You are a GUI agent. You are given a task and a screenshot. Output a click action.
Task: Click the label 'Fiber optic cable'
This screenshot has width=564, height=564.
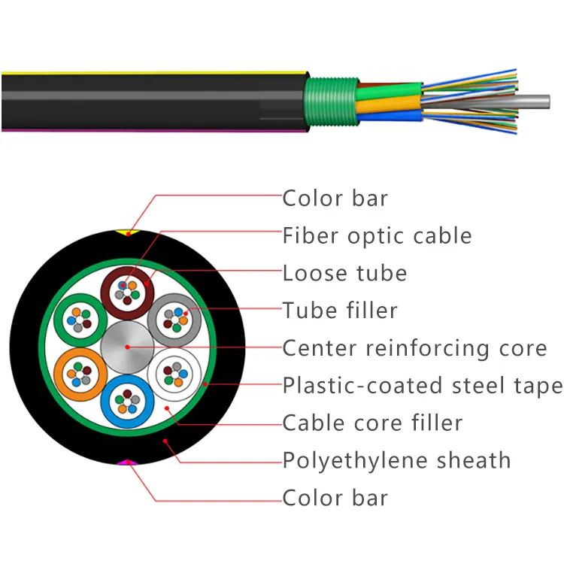(x=377, y=236)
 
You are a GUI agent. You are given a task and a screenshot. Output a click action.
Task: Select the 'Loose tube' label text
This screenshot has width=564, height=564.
(x=344, y=273)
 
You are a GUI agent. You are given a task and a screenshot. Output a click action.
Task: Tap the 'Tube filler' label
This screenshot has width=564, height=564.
(x=340, y=310)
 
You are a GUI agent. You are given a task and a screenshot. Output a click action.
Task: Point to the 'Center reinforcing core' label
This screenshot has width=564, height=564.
(x=414, y=348)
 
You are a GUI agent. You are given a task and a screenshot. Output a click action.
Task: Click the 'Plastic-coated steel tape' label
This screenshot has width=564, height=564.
(x=423, y=386)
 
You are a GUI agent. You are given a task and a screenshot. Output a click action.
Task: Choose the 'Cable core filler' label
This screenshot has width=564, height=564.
(x=372, y=423)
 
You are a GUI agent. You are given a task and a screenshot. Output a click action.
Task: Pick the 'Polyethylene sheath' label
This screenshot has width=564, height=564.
(x=396, y=459)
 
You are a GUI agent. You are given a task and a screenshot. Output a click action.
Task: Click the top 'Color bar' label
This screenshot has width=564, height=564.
(x=335, y=199)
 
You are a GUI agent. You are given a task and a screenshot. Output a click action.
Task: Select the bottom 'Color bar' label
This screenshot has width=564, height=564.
(x=335, y=497)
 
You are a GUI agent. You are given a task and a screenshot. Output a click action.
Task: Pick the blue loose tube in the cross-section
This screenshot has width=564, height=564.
(x=127, y=402)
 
